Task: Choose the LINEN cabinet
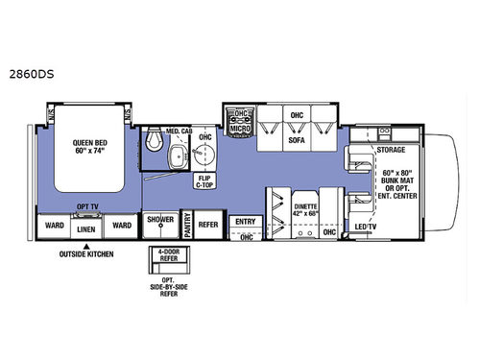click(x=87, y=229)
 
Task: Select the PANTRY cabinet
click(x=189, y=227)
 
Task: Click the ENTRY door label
click(x=245, y=221)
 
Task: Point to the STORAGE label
click(x=391, y=151)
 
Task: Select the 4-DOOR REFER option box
click(x=164, y=257)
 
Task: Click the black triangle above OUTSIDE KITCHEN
click(x=87, y=246)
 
